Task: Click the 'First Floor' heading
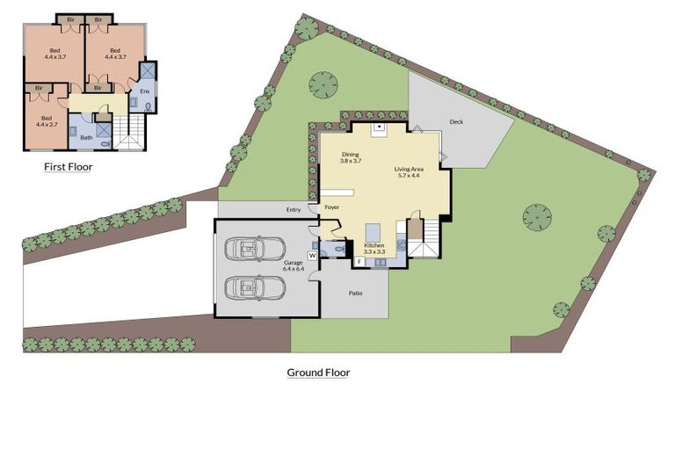[x=68, y=165]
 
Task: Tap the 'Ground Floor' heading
[x=318, y=373]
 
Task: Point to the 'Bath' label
[x=86, y=138]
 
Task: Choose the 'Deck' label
[x=455, y=122]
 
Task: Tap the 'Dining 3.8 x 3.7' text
[x=351, y=157]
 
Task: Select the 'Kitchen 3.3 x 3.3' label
[x=375, y=248]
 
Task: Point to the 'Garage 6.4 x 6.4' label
[x=293, y=267]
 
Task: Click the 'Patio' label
[x=356, y=294]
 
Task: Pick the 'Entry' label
[x=294, y=209]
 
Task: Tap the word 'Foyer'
[x=331, y=207]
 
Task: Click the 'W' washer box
[x=311, y=255]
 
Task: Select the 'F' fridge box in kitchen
[x=359, y=262]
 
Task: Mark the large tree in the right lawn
[x=537, y=216]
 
